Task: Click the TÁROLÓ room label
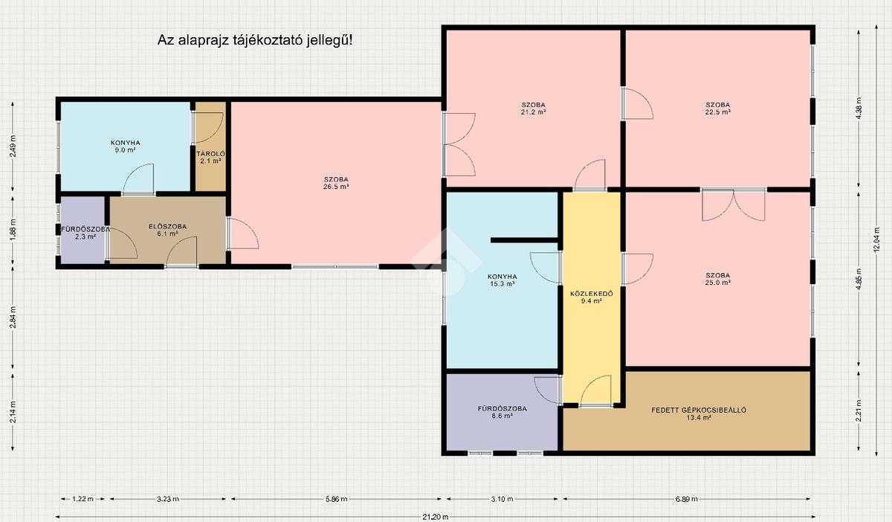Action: point(210,154)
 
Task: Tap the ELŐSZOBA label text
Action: point(167,226)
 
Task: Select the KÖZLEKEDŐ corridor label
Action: point(592,294)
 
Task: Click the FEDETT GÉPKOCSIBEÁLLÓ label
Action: point(699,410)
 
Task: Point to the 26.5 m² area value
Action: point(336,187)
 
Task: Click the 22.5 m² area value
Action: point(717,112)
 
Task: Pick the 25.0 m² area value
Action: point(717,283)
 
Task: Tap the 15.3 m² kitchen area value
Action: point(502,284)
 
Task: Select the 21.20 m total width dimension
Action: point(436,517)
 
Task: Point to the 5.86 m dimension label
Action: point(336,499)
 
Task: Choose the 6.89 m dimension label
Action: point(687,499)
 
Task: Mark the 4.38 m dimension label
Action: point(859,109)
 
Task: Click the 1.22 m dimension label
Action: point(83,499)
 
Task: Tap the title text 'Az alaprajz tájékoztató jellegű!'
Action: point(255,40)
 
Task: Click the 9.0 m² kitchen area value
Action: point(125,149)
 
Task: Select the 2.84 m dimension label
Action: point(13,318)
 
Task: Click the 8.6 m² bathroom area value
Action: point(502,416)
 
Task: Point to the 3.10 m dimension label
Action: point(502,499)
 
